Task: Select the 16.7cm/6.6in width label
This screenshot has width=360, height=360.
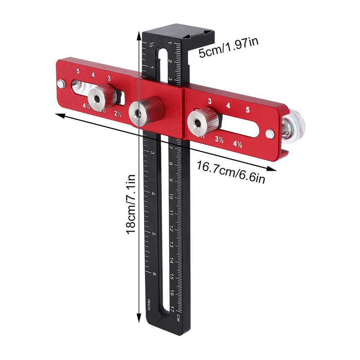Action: click(x=231, y=172)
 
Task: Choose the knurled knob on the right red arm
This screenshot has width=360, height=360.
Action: click(x=203, y=120)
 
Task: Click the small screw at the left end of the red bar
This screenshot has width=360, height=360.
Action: click(x=61, y=84)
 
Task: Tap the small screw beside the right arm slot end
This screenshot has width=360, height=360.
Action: click(x=270, y=134)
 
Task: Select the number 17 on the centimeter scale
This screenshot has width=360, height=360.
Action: click(x=172, y=309)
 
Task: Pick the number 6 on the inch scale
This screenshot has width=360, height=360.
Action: click(x=154, y=274)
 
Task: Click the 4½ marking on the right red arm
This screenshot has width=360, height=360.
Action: click(x=238, y=144)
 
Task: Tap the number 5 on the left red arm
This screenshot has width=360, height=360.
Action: click(x=78, y=71)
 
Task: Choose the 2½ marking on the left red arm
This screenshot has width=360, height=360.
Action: click(x=118, y=114)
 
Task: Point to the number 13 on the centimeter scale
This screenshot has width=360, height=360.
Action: click(x=172, y=244)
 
